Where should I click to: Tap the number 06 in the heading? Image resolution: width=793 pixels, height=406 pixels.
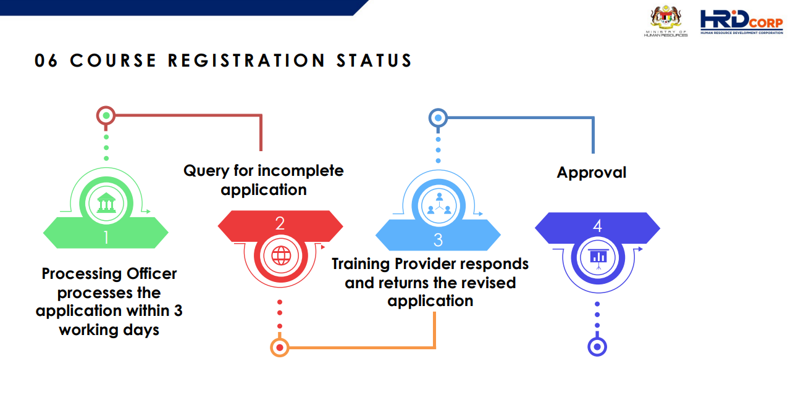point(46,60)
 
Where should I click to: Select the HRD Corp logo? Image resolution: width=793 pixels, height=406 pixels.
point(741,22)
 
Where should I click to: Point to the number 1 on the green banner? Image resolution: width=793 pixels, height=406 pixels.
point(106,237)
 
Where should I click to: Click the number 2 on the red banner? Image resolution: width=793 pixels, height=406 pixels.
point(280,223)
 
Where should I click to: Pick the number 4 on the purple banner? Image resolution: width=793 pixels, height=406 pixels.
point(597,226)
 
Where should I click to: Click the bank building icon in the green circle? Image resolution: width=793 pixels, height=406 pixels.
point(106,201)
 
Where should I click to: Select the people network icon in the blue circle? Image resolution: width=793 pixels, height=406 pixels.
point(438,203)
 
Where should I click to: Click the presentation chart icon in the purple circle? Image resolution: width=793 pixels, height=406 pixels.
point(597,255)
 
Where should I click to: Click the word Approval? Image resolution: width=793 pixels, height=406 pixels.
point(592,172)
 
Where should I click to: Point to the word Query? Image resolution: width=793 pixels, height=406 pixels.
point(206,170)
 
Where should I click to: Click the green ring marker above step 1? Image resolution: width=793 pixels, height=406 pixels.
point(106,115)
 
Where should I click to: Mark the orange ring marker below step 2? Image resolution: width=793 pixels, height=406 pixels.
point(280,347)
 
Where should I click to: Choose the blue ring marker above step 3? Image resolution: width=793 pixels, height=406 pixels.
point(438,117)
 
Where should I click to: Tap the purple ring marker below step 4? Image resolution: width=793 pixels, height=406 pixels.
point(597,347)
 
